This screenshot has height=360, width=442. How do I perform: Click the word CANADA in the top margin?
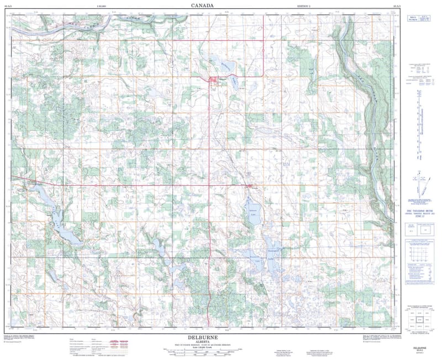pos(203,5)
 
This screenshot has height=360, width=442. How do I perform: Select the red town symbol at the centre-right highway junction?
pos(250,186)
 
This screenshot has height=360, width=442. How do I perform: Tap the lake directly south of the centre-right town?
pos(251,211)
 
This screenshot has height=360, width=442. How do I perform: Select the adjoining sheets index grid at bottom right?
pos(418,320)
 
